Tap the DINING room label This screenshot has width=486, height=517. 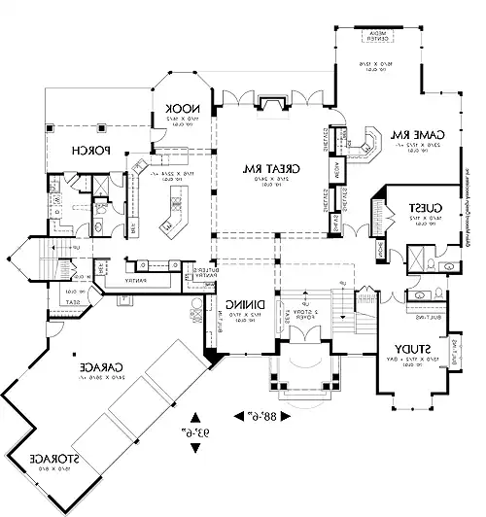pos(242,303)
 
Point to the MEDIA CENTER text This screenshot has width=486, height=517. pos(374,36)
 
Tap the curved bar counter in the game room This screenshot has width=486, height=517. pos(371,141)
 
